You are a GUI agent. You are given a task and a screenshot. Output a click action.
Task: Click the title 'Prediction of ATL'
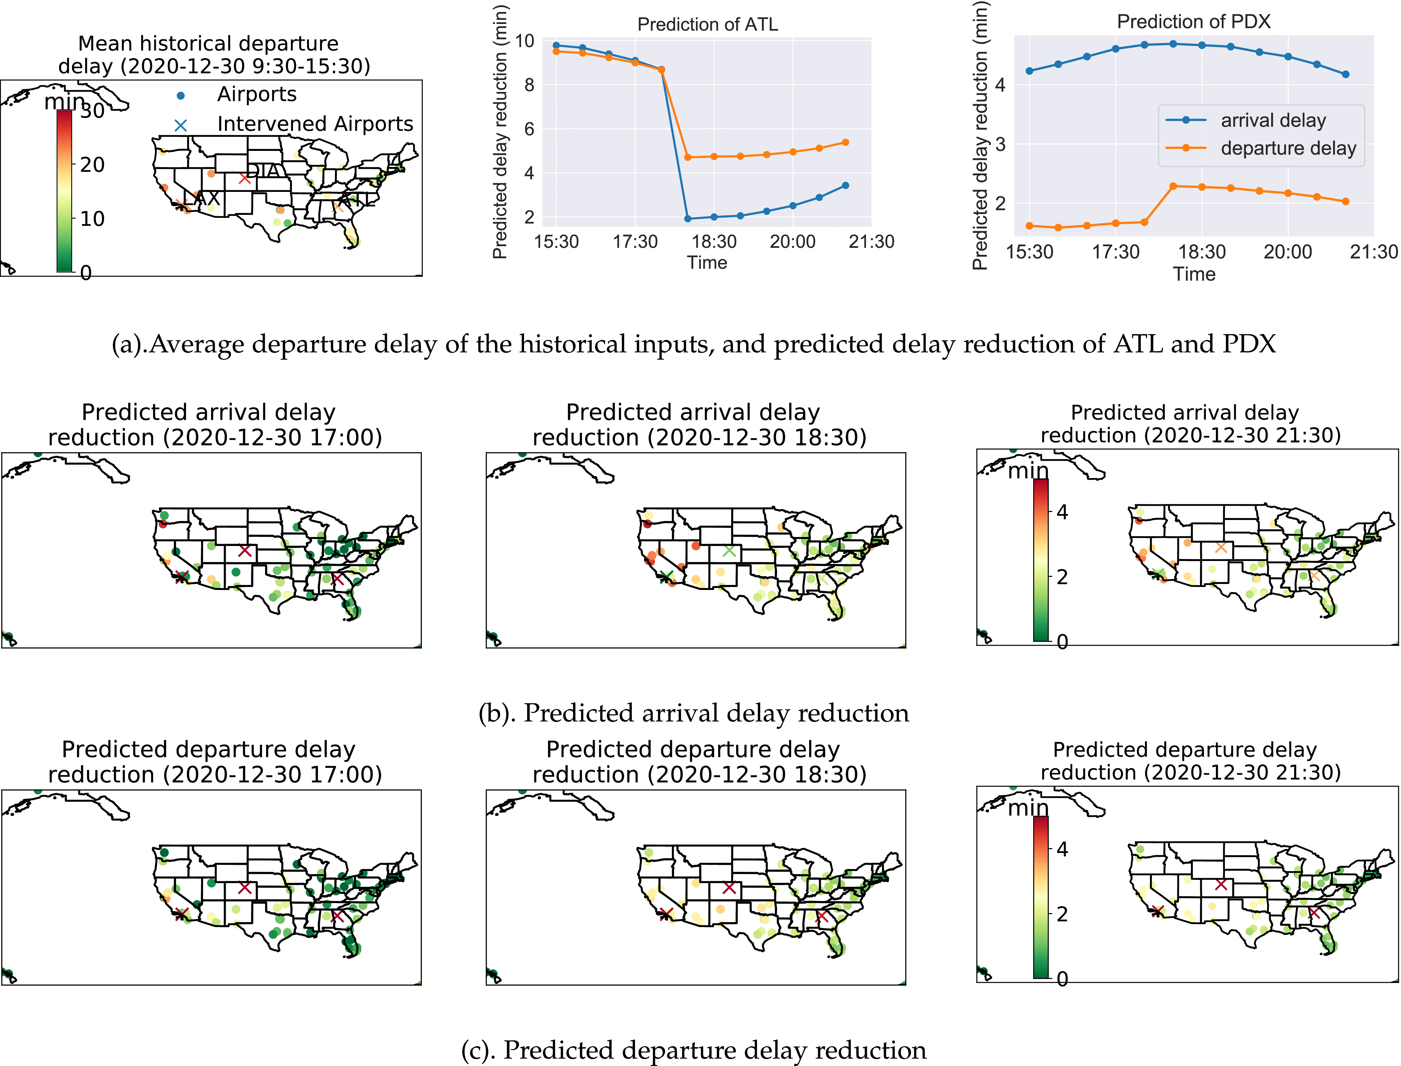(x=707, y=25)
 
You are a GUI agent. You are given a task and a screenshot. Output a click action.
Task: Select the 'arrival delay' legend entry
(x=1273, y=120)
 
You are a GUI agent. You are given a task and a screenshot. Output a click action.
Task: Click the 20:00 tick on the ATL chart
(x=792, y=242)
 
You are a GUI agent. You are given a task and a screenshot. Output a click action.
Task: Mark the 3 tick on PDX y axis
(x=1000, y=144)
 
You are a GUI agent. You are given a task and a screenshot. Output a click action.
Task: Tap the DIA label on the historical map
(x=263, y=170)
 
